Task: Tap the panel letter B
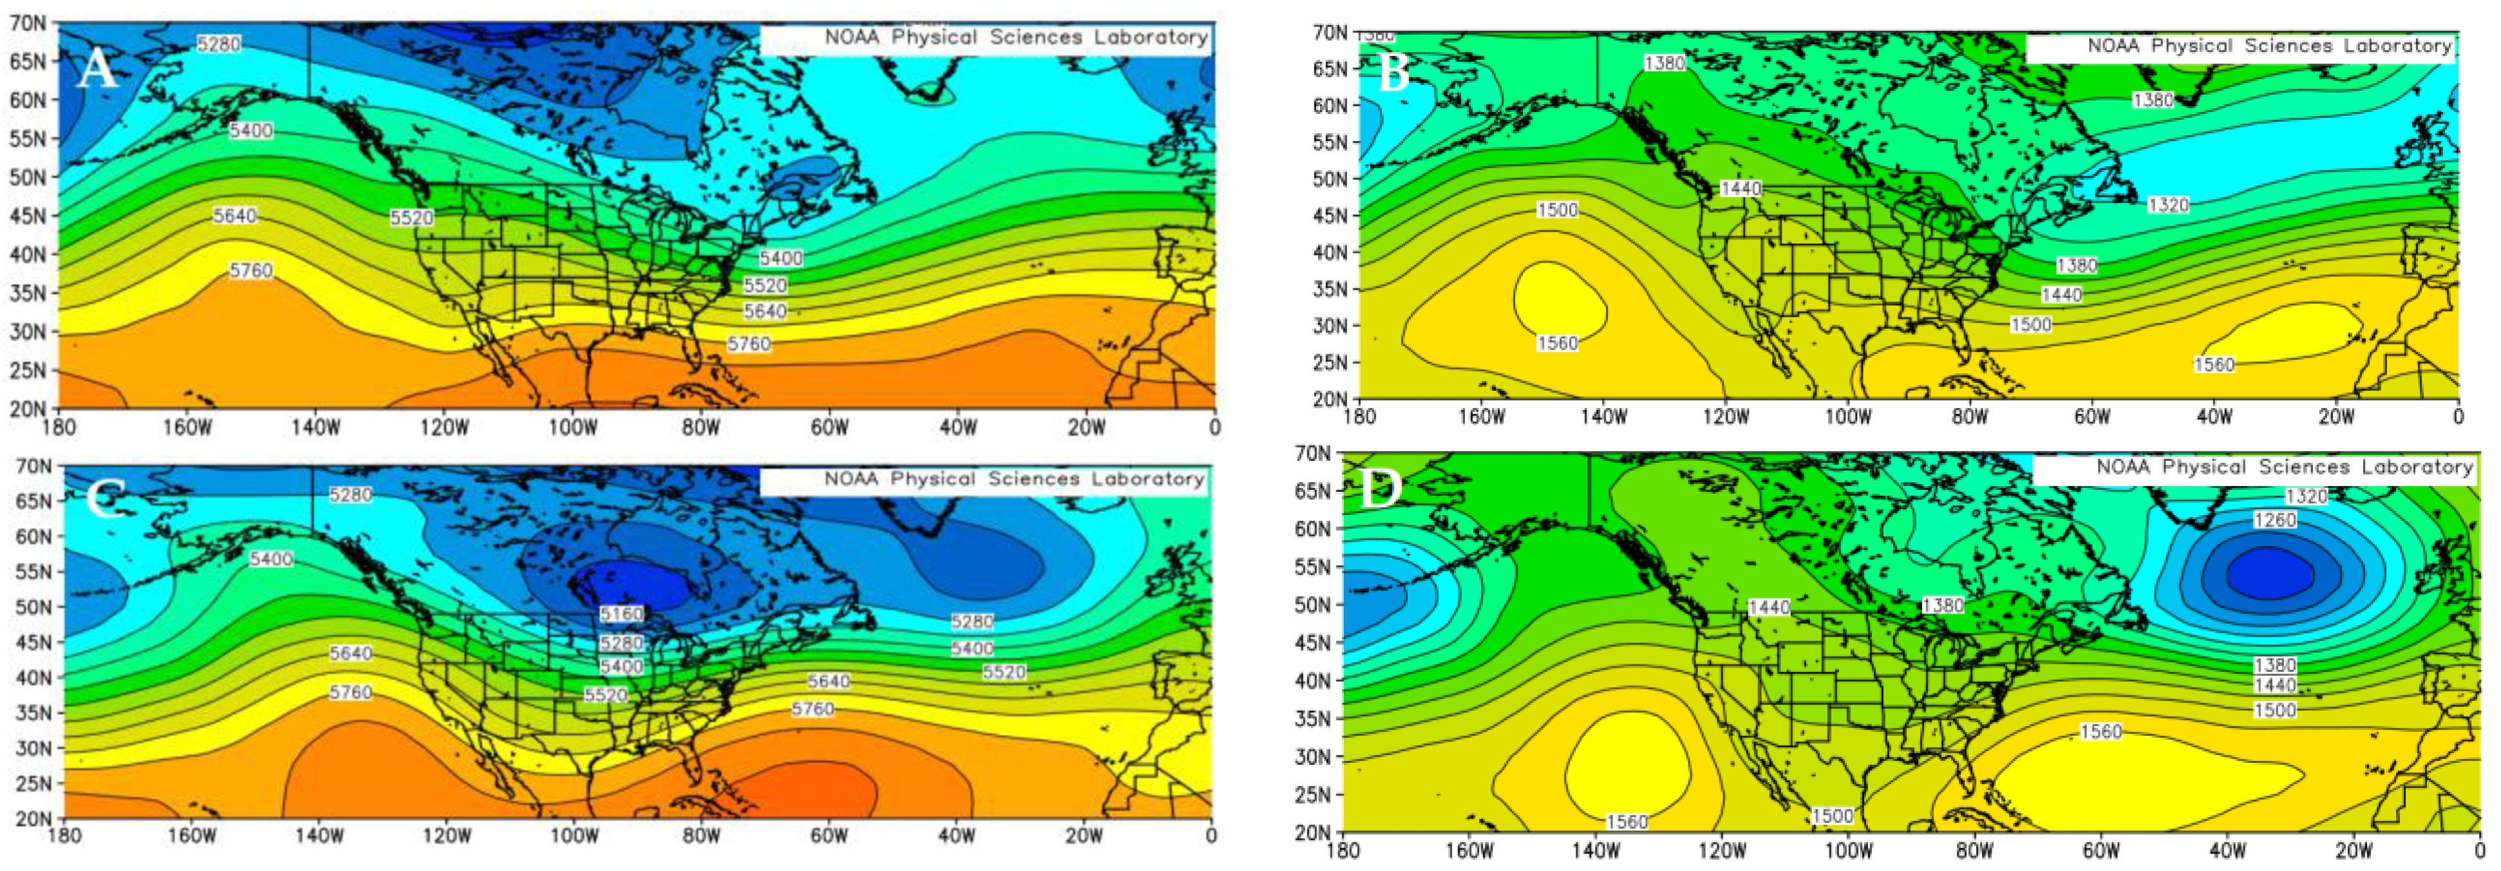pyautogui.click(x=1393, y=74)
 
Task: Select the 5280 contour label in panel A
pyautogui.click(x=218, y=44)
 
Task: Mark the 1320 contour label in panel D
pyautogui.click(x=2306, y=497)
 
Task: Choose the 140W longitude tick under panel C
pyautogui.click(x=319, y=836)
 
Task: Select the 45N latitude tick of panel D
pyautogui.click(x=1312, y=643)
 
